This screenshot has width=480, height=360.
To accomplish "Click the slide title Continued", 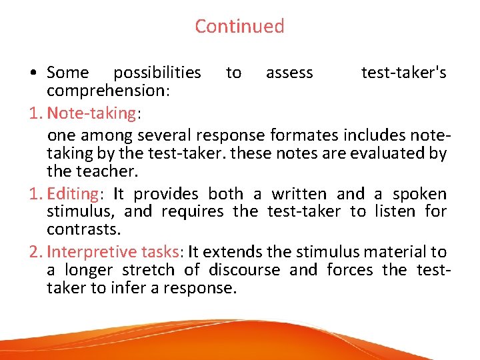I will [239, 26].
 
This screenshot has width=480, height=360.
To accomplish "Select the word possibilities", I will [157, 73].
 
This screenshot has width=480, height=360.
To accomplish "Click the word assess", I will [289, 73].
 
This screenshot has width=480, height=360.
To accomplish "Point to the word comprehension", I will [107, 90].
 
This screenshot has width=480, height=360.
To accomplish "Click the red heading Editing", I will [73, 194].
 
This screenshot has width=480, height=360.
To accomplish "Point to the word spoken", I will [419, 194].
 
